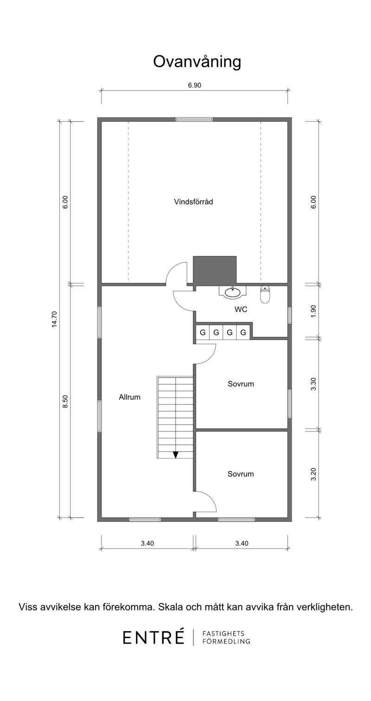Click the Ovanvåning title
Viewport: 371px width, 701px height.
click(x=197, y=62)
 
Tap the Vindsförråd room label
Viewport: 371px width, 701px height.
click(x=193, y=202)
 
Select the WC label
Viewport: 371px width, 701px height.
click(x=241, y=309)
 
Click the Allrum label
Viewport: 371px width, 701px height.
click(x=129, y=397)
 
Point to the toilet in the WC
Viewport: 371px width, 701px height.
click(x=265, y=294)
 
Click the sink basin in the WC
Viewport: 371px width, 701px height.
click(x=232, y=292)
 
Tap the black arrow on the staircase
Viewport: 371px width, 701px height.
click(x=175, y=455)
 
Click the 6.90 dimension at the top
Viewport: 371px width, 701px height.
click(x=194, y=85)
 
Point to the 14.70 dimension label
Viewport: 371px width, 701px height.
click(x=55, y=319)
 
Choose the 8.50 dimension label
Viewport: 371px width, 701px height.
click(x=65, y=402)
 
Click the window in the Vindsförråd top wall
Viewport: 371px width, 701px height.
click(x=194, y=119)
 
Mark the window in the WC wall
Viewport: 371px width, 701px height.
click(x=290, y=315)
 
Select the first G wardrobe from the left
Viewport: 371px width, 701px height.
click(x=203, y=332)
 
